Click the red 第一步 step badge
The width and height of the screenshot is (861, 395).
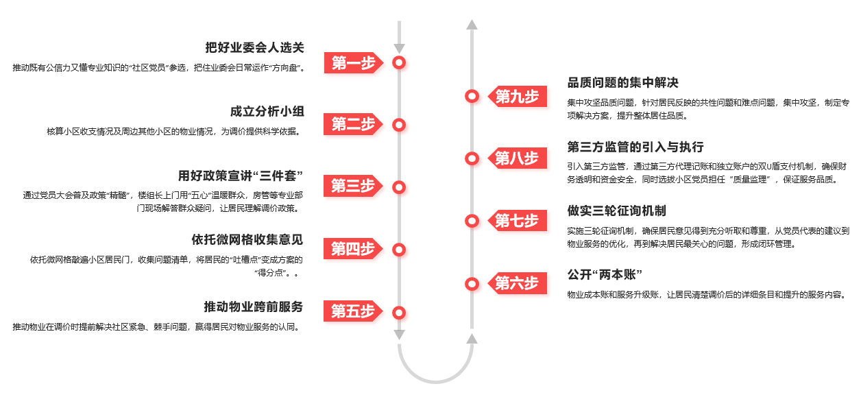coord(352,63)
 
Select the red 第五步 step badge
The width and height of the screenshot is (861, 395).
coord(352,312)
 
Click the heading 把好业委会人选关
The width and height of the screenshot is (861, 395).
coord(254,47)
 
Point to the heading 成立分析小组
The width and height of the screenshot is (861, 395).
coord(267,111)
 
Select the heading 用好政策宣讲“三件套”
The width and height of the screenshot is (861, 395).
coord(241,175)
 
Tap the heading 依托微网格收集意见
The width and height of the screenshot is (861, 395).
coord(247,239)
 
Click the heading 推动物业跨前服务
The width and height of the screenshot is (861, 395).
coord(254,307)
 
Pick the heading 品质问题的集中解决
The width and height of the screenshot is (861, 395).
coord(622,83)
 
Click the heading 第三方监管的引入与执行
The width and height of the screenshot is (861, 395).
coord(635,147)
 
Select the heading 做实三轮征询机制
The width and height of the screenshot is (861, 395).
coord(616,211)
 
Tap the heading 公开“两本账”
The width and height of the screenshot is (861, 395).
coord(604,275)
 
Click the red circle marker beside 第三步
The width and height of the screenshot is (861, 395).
coord(399,187)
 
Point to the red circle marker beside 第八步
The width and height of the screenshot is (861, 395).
coord(472,158)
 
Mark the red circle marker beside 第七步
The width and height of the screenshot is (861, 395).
coord(472,221)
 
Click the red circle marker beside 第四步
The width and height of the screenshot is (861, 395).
coord(399,250)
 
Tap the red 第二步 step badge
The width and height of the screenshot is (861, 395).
coord(352,125)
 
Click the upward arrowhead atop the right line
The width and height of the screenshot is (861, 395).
coord(472,25)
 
